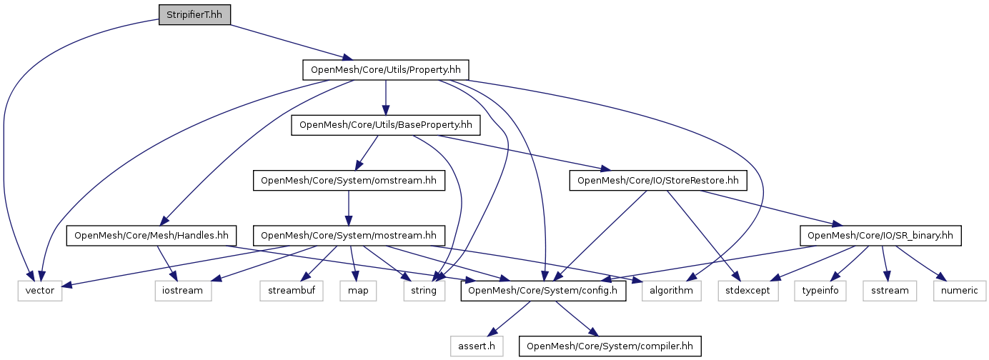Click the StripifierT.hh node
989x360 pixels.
coord(194,14)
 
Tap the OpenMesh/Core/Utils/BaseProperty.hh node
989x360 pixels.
coord(386,125)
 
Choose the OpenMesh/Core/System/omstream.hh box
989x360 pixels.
coord(348,181)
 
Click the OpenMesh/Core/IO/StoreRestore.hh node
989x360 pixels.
coord(658,181)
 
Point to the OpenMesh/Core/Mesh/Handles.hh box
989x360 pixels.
coord(151,235)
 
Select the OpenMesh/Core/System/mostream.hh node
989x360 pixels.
coord(349,235)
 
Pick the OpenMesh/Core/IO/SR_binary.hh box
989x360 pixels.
coord(880,235)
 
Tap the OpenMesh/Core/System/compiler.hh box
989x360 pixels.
coord(610,346)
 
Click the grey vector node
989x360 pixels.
coord(40,291)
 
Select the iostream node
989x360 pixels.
coord(183,291)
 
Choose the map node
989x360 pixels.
coord(359,291)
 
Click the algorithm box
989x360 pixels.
coord(672,291)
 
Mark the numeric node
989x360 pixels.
coord(959,291)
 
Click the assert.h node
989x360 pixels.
coord(477,346)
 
